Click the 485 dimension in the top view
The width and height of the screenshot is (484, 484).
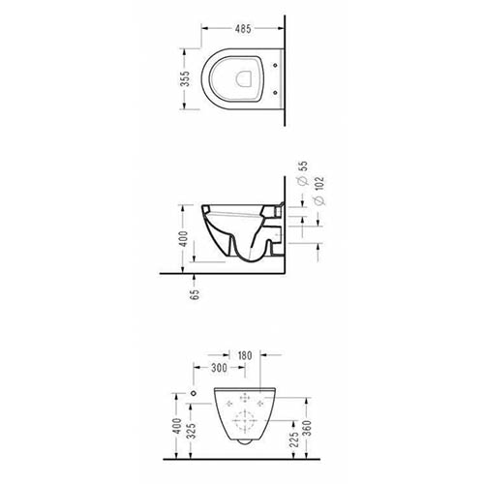click(x=243, y=29)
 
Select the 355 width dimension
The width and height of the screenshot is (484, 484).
click(x=185, y=78)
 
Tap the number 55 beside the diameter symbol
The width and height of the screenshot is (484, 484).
click(x=303, y=166)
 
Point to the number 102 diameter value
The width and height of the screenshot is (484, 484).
click(x=319, y=184)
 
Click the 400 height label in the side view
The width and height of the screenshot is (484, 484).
click(x=183, y=239)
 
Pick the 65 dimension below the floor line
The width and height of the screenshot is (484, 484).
click(x=195, y=294)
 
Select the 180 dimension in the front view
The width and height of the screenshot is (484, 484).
click(x=245, y=355)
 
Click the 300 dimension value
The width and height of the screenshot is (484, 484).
click(x=219, y=368)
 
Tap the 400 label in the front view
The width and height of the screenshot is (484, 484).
click(x=177, y=426)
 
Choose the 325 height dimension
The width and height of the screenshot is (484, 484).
click(x=191, y=432)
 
